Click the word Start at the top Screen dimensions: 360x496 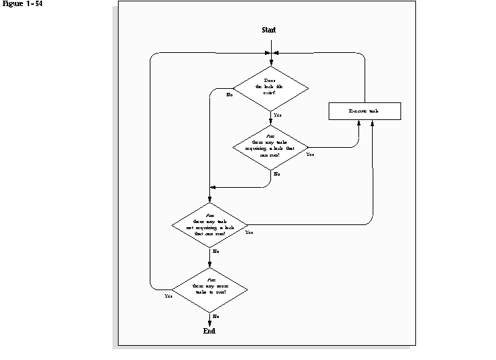tap(269, 30)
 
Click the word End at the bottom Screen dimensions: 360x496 tap(209, 331)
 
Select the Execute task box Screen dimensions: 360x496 tap(365, 111)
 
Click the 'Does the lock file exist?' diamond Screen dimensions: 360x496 tap(270, 88)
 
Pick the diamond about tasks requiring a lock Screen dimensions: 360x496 tap(270, 147)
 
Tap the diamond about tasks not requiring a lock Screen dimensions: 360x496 tap(210, 225)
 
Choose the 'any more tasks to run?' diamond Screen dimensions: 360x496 tap(210, 287)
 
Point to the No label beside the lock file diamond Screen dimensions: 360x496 tap(229, 95)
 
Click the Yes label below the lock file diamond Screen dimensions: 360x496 tap(277, 116)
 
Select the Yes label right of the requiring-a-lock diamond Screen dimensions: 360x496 tap(310, 155)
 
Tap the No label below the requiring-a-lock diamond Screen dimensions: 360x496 tap(276, 175)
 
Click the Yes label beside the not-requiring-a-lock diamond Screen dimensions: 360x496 tap(249, 233)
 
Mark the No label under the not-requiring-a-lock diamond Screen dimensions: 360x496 tap(215, 252)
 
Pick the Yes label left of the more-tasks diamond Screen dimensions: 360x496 tap(168, 296)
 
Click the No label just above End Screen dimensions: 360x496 tap(215, 316)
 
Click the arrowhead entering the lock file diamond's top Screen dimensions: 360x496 tap(270, 62)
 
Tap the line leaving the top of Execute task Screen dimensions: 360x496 tap(367, 78)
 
